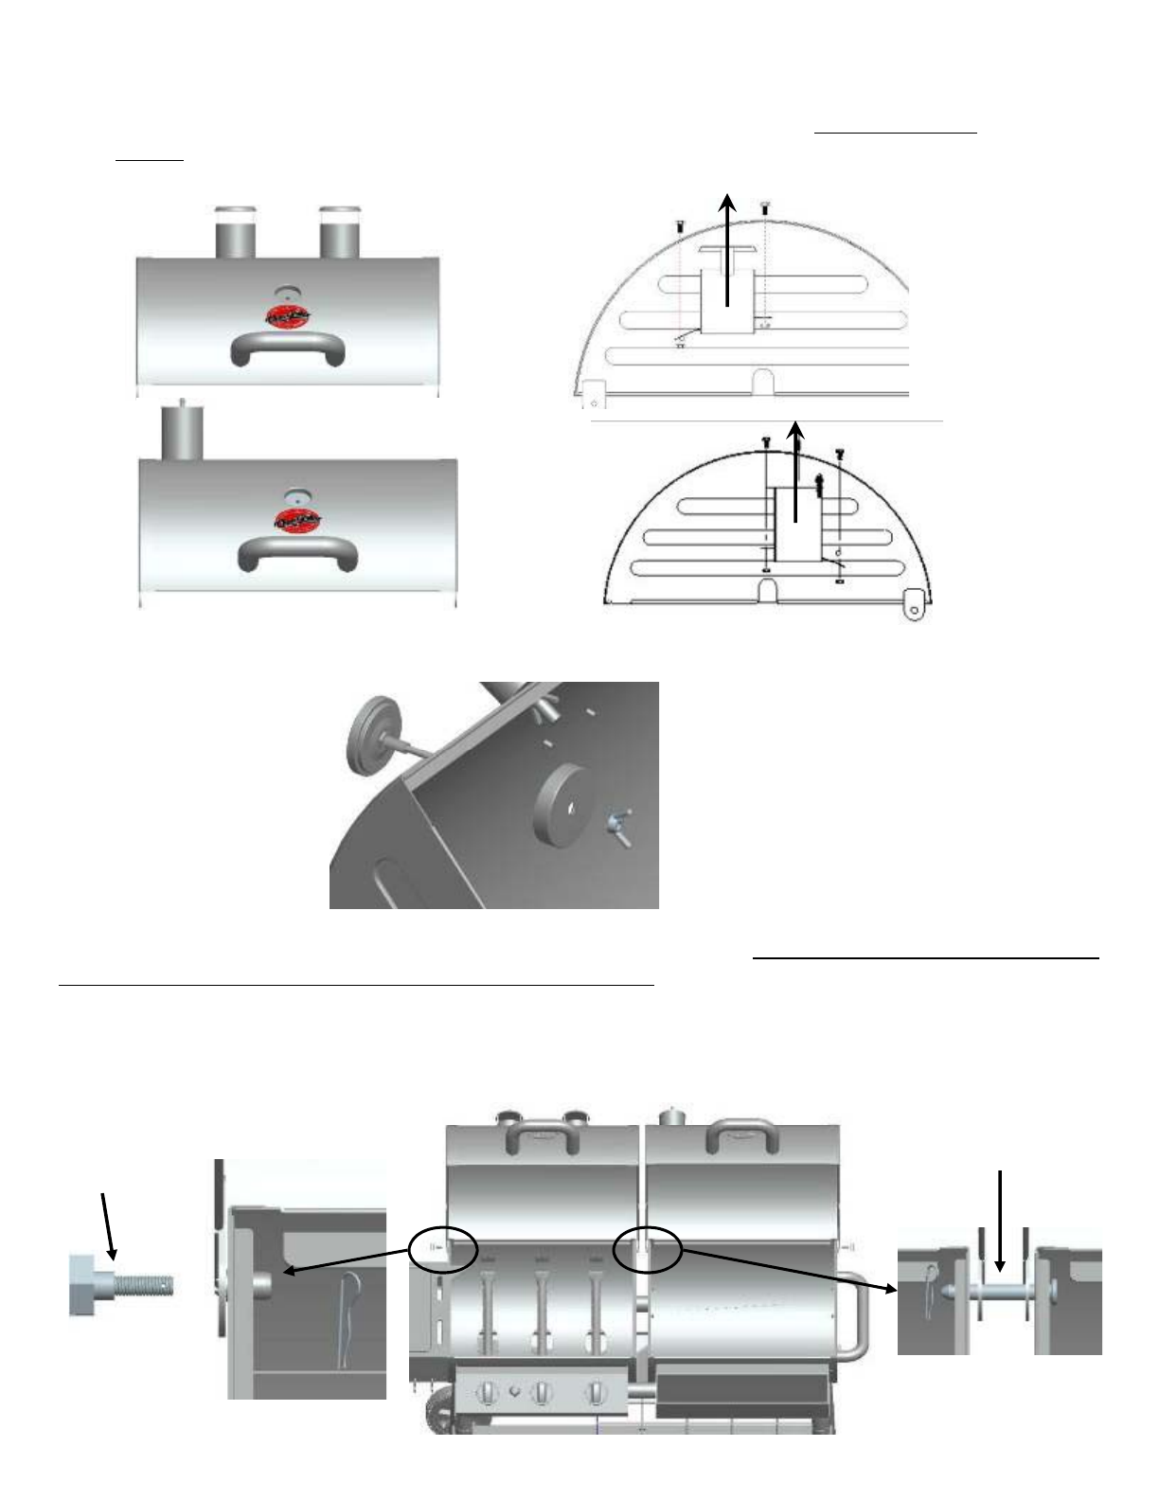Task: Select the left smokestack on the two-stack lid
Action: coord(234,231)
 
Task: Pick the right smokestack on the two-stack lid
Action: coord(339,231)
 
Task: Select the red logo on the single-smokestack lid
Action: coord(297,520)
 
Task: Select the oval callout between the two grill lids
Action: coord(648,1248)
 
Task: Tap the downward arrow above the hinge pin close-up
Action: coord(1000,1222)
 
